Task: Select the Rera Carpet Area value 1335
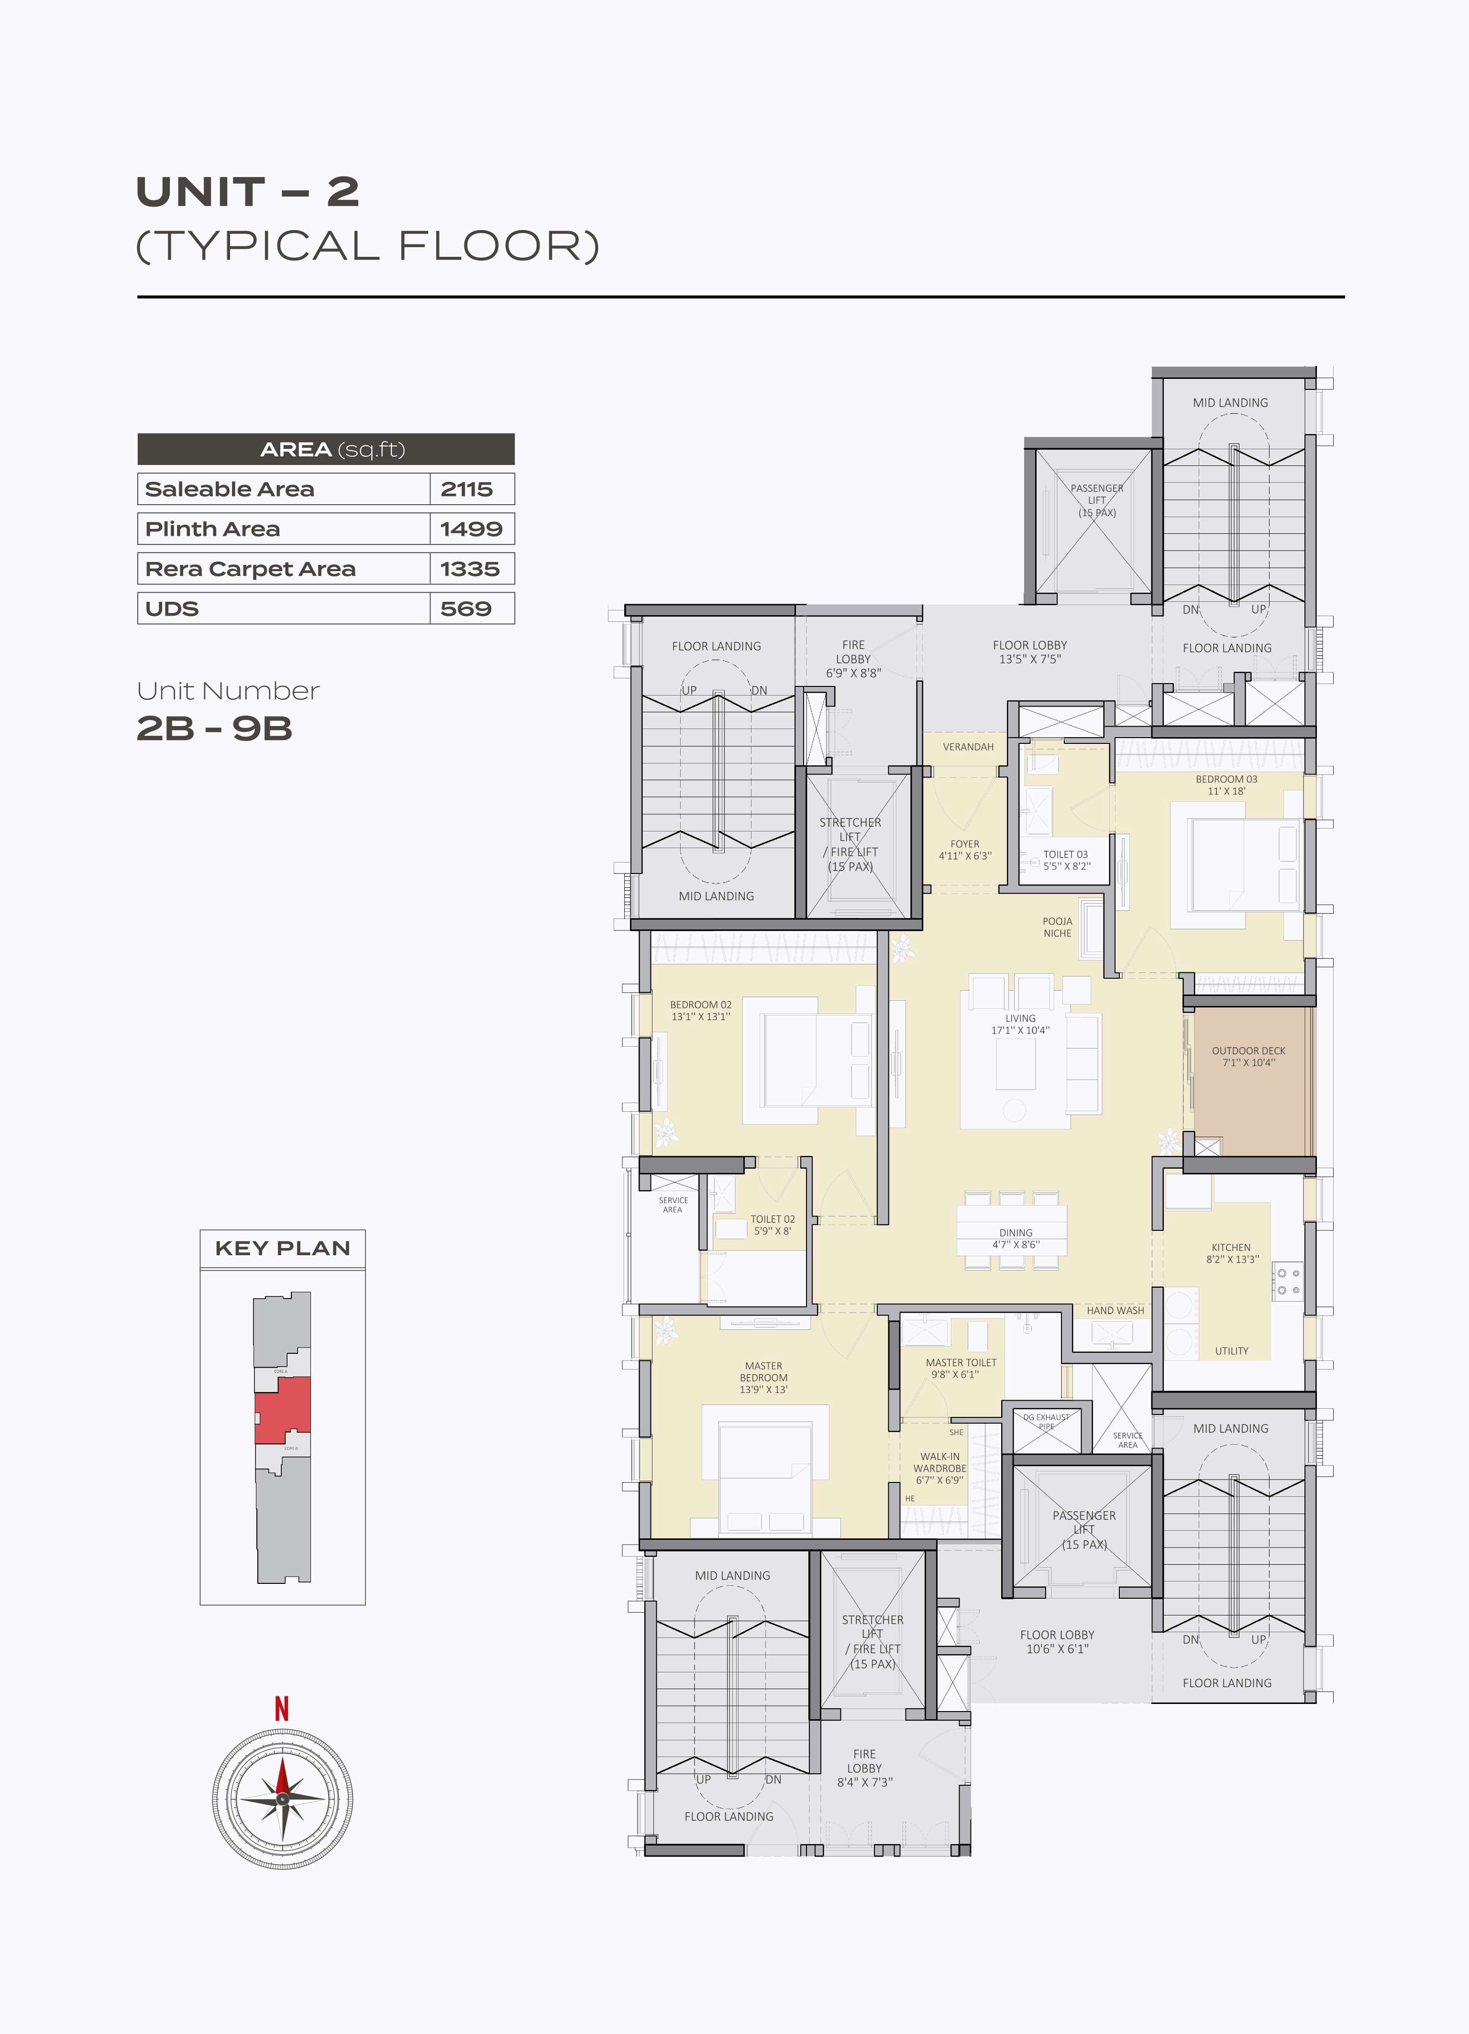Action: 469,569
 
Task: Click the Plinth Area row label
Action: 212,529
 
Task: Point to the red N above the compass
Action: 282,1709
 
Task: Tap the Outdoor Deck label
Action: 1248,1050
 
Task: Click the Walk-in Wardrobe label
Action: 940,1463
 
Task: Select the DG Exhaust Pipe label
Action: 1046,1422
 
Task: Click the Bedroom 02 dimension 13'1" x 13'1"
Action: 700,1017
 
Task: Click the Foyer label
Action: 965,844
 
